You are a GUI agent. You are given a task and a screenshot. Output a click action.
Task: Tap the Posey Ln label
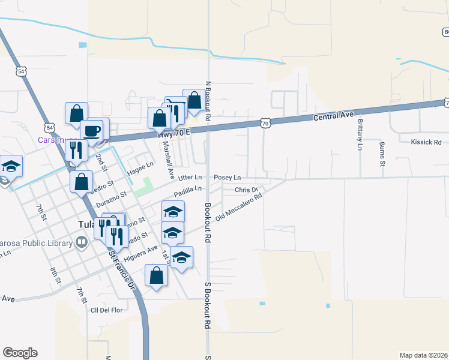tap(228, 178)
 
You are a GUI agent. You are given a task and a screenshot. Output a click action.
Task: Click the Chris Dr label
tap(246, 190)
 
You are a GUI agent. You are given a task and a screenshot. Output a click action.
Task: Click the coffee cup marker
tap(92, 131)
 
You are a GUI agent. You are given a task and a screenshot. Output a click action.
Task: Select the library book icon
tap(81, 243)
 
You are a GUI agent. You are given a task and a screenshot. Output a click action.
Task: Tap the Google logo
tap(20, 353)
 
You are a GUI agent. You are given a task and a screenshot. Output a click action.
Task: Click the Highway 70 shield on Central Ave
tap(265, 123)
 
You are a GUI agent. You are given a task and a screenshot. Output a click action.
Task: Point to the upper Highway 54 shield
tap(22, 71)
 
